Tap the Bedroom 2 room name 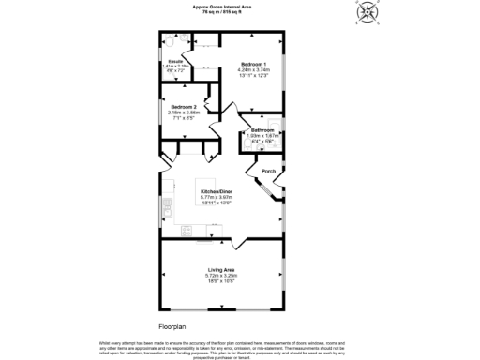tap(183, 108)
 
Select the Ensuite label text tap(174, 61)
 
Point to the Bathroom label tap(262, 129)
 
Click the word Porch tap(268, 172)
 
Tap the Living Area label tap(221, 270)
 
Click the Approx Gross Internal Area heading tap(221, 7)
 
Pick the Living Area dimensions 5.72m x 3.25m tap(221, 276)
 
